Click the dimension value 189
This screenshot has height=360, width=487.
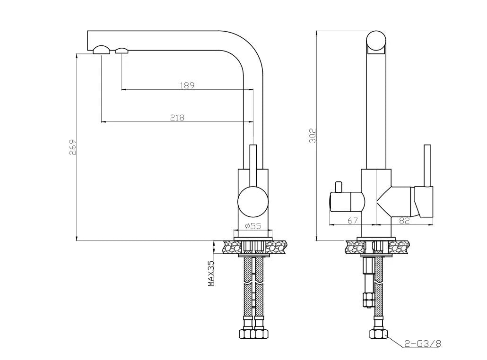(187, 85)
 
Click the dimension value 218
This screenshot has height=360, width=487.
(177, 118)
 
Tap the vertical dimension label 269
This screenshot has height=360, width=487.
(72, 147)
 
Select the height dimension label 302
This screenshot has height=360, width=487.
(312, 135)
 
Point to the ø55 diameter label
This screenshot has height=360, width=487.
(253, 226)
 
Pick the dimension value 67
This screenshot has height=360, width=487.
(352, 220)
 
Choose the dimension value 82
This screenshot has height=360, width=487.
(404, 220)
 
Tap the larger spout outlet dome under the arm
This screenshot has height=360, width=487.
(102, 50)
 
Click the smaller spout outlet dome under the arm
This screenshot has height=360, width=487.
(122, 51)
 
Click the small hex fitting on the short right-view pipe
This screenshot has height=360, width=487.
(366, 299)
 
